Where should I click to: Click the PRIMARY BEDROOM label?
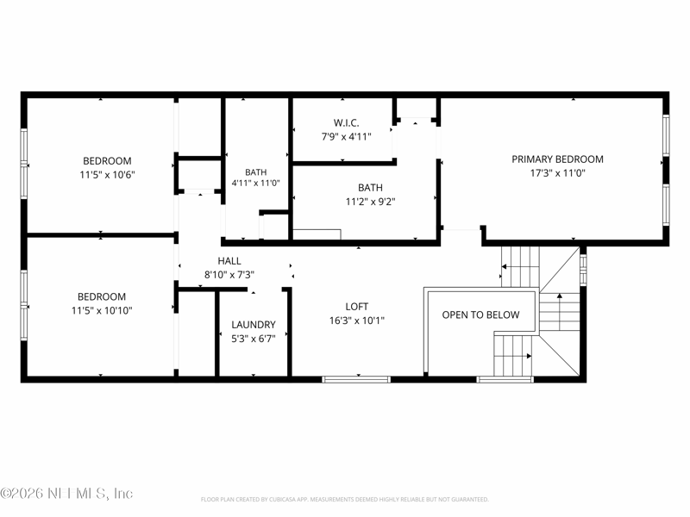coord(557,159)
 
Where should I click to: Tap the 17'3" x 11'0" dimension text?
coord(557,173)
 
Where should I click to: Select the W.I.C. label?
coord(347,122)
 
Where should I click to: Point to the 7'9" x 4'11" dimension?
coord(347,137)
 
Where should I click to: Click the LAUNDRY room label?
coord(254,325)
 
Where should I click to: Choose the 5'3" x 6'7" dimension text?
coord(254,339)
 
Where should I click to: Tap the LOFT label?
coord(357,307)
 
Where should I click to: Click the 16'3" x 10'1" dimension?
coord(357,321)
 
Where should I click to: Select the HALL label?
coord(229,261)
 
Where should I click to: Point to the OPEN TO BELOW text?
coord(480,315)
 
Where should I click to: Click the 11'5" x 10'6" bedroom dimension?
coord(107,175)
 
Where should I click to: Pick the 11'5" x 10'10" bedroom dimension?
coord(102,310)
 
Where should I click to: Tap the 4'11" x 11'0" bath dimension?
coord(255,183)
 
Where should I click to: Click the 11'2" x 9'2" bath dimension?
coord(371,202)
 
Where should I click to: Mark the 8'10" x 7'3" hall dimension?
coord(229,275)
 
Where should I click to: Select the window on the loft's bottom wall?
coord(356,379)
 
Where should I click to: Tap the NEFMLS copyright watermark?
coord(66,493)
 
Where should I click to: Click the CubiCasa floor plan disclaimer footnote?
coord(344,500)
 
